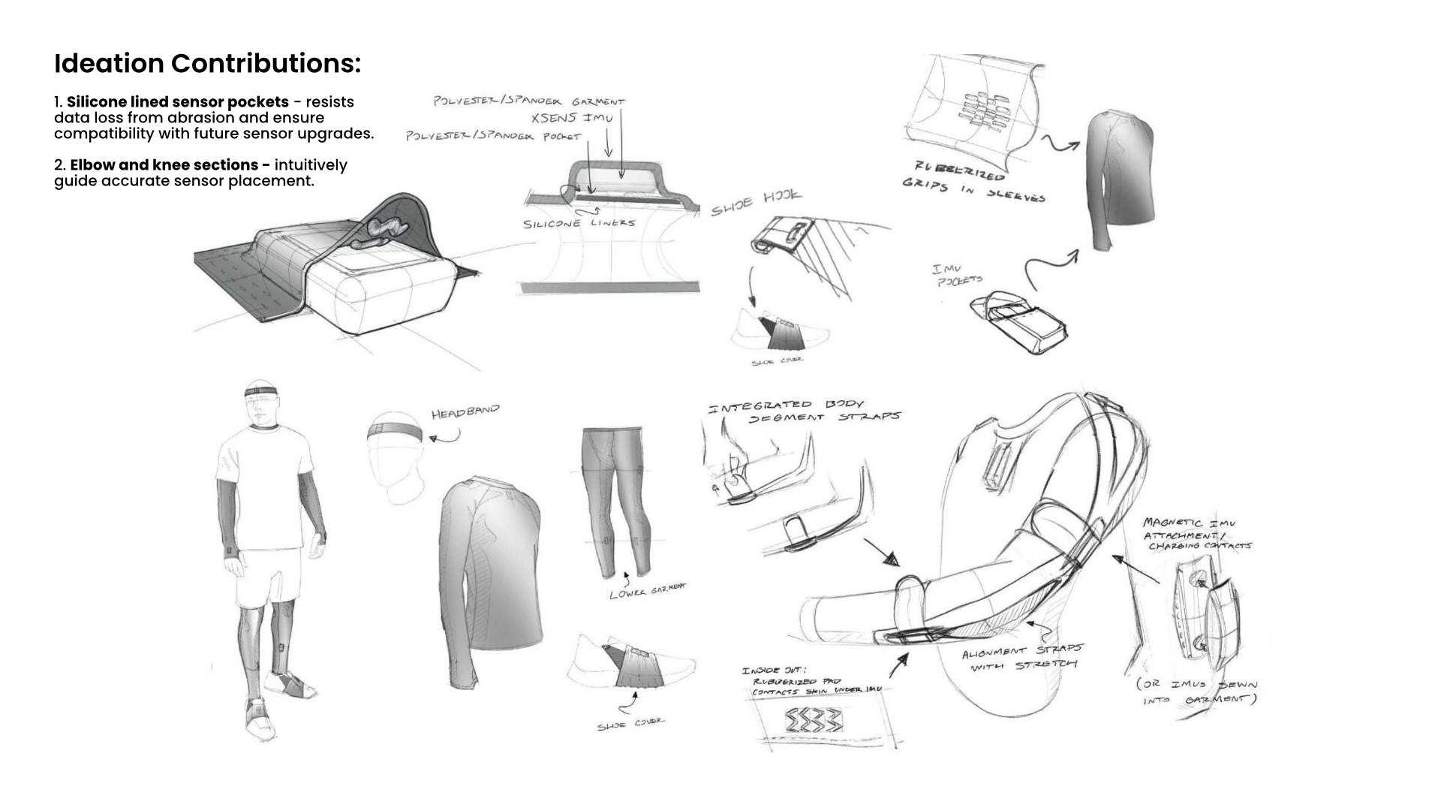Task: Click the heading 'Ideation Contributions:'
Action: [207, 64]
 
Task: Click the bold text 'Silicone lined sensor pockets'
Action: [178, 102]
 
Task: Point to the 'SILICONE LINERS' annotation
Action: [579, 223]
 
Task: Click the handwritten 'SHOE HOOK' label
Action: [756, 202]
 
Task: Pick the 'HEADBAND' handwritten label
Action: [465, 412]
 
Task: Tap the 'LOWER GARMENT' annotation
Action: [648, 591]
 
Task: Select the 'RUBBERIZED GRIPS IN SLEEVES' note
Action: [973, 182]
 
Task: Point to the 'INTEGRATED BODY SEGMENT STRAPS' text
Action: [804, 411]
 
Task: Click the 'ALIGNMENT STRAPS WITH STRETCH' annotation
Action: [1022, 659]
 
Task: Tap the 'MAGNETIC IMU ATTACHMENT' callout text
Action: [1196, 533]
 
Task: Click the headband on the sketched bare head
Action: [395, 433]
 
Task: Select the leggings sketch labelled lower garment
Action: [612, 499]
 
